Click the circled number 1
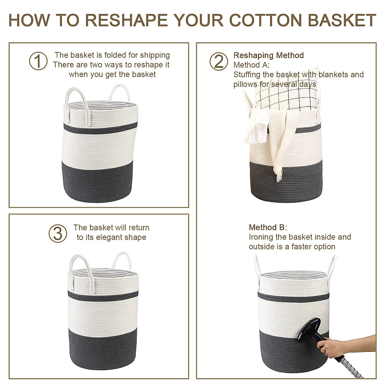[38, 61]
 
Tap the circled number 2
[218, 61]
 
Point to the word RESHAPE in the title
[126, 20]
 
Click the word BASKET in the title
[342, 20]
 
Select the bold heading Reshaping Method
[269, 55]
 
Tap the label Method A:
[252, 65]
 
